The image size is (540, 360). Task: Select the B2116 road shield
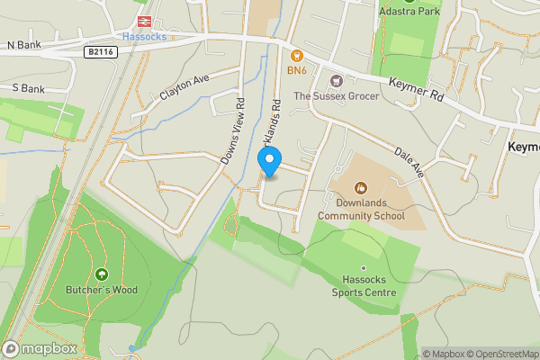pyautogui.click(x=102, y=53)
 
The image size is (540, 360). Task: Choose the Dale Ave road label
pyautogui.click(x=406, y=157)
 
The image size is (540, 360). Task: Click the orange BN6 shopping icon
pyautogui.click(x=294, y=55)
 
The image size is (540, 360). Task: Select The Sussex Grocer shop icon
pyautogui.click(x=338, y=81)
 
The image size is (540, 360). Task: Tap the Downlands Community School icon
pyautogui.click(x=361, y=188)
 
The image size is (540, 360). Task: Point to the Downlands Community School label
pyautogui.click(x=361, y=210)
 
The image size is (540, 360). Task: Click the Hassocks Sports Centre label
pyautogui.click(x=363, y=286)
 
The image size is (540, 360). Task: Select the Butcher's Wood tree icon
pyautogui.click(x=101, y=274)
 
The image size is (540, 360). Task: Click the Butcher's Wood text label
pyautogui.click(x=101, y=290)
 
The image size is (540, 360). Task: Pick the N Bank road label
pyautogui.click(x=24, y=44)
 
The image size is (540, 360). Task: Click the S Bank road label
pyautogui.click(x=28, y=89)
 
